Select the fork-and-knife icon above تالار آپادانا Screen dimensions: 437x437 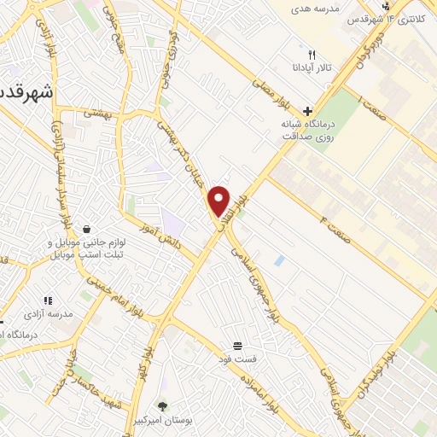click(x=311, y=53)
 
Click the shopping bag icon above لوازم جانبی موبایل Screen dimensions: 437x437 click(x=89, y=228)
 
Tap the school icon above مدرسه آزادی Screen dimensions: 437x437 click(x=48, y=300)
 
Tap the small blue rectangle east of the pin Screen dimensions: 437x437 click(x=278, y=259)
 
